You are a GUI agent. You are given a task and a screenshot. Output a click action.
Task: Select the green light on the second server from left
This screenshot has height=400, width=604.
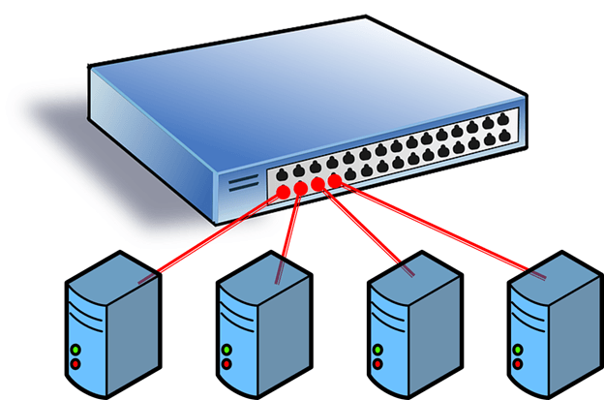(x=226, y=350)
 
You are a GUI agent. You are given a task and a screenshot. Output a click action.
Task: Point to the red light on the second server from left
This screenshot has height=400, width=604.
(x=226, y=365)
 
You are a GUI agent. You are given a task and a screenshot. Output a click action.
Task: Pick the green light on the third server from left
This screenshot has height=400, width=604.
(x=377, y=350)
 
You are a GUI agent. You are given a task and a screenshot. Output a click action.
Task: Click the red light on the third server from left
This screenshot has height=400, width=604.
(x=377, y=365)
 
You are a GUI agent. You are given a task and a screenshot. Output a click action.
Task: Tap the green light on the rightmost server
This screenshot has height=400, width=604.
(x=519, y=350)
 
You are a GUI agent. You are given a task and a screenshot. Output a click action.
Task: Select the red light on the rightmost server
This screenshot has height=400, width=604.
(x=519, y=365)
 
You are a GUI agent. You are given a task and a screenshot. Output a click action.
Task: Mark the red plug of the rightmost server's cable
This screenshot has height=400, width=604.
(x=335, y=181)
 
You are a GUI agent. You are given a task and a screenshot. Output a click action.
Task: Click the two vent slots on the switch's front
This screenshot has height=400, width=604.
(x=239, y=182)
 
